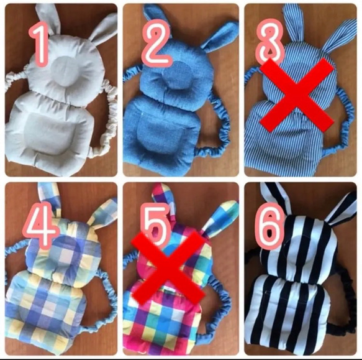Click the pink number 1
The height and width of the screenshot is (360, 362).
coord(40,45)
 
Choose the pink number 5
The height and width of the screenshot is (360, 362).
coord(156,226)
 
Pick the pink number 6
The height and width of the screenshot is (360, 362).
coord(269,226)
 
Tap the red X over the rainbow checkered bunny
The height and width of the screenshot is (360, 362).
coord(168,267)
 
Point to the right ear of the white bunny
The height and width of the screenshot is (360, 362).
coord(103,27)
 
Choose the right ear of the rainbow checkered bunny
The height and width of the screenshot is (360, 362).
coord(220,216)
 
